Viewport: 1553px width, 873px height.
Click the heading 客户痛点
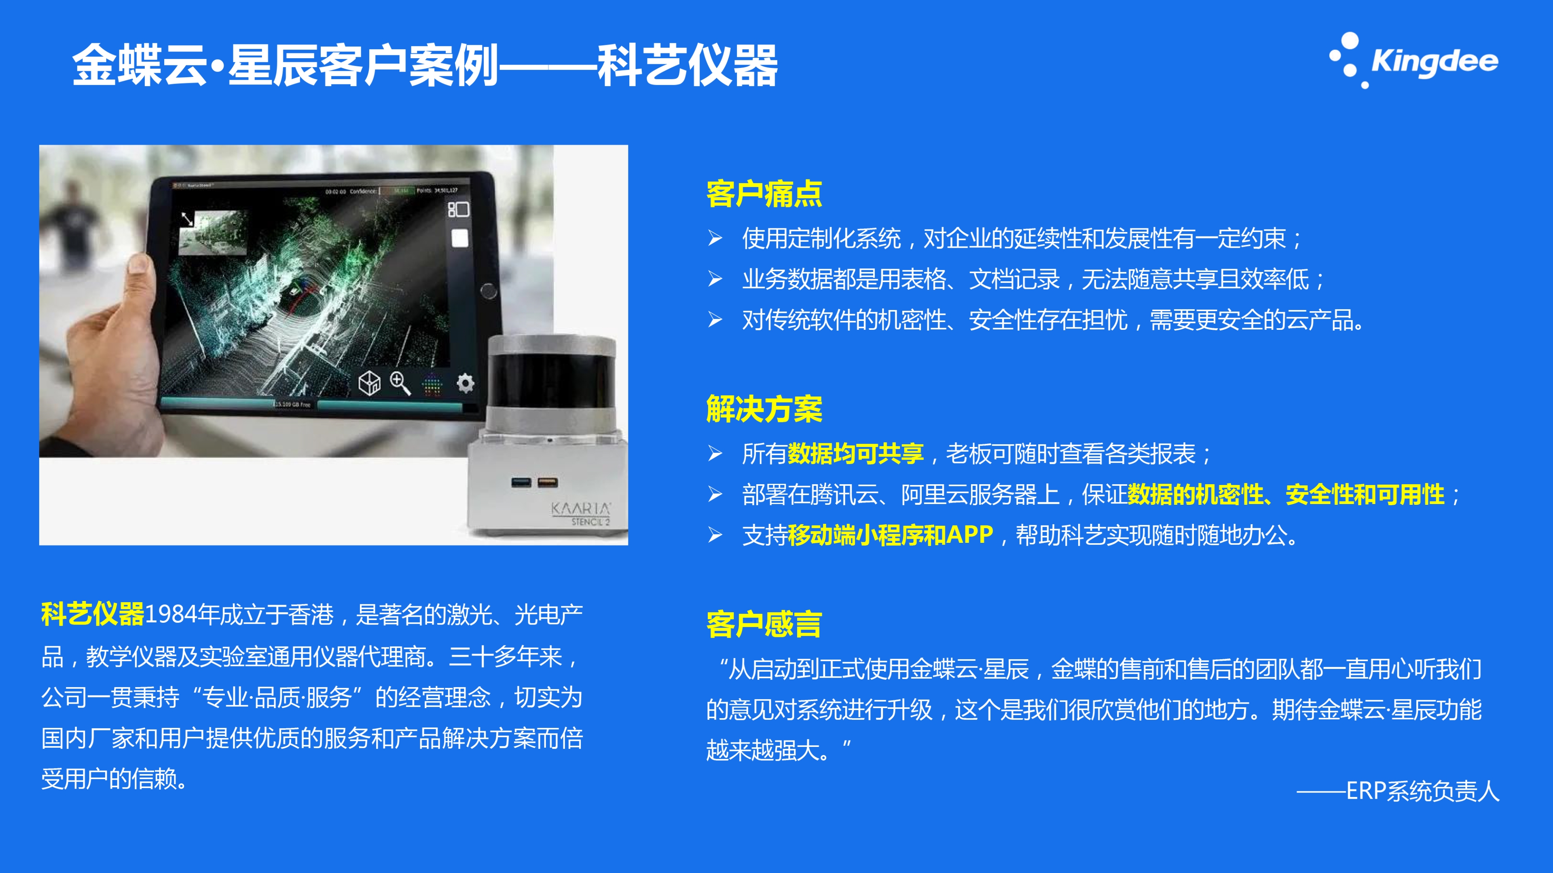tap(764, 194)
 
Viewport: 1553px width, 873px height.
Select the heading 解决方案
tap(764, 409)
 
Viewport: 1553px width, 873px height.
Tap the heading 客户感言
tap(764, 624)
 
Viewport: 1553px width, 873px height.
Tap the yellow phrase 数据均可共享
tap(855, 453)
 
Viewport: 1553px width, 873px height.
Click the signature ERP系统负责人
tap(1422, 791)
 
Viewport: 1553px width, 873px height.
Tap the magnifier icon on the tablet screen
tap(400, 383)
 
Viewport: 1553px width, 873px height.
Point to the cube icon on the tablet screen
tap(369, 383)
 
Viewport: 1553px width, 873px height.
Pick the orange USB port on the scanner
tap(548, 482)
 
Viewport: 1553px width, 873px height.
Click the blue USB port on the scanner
tap(521, 482)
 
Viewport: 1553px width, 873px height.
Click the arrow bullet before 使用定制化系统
tap(715, 238)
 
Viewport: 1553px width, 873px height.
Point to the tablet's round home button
tap(488, 291)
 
